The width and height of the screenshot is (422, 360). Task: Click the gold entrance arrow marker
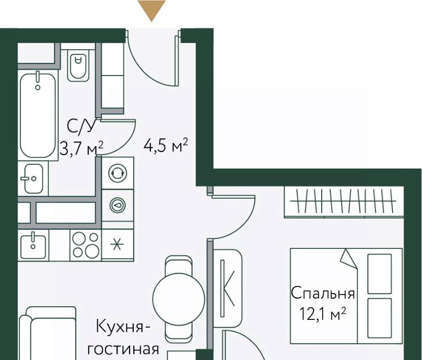click(151, 10)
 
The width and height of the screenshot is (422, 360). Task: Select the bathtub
click(38, 115)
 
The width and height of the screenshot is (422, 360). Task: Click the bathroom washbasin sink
click(33, 178)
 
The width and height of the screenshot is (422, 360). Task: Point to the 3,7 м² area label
click(81, 149)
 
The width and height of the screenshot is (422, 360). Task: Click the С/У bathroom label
click(81, 126)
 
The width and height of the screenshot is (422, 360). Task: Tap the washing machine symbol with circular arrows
click(118, 173)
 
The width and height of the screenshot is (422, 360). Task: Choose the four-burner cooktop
click(86, 245)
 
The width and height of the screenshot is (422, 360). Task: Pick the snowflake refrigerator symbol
click(117, 245)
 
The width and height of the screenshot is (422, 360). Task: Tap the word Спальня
click(323, 293)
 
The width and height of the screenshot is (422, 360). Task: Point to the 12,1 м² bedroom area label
click(323, 314)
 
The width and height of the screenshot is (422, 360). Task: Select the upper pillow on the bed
click(379, 273)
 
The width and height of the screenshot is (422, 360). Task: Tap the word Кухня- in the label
click(123, 327)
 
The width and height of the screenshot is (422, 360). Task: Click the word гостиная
click(123, 349)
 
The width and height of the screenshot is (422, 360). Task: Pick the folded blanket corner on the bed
click(349, 259)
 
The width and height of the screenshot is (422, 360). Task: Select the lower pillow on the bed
click(379, 318)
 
